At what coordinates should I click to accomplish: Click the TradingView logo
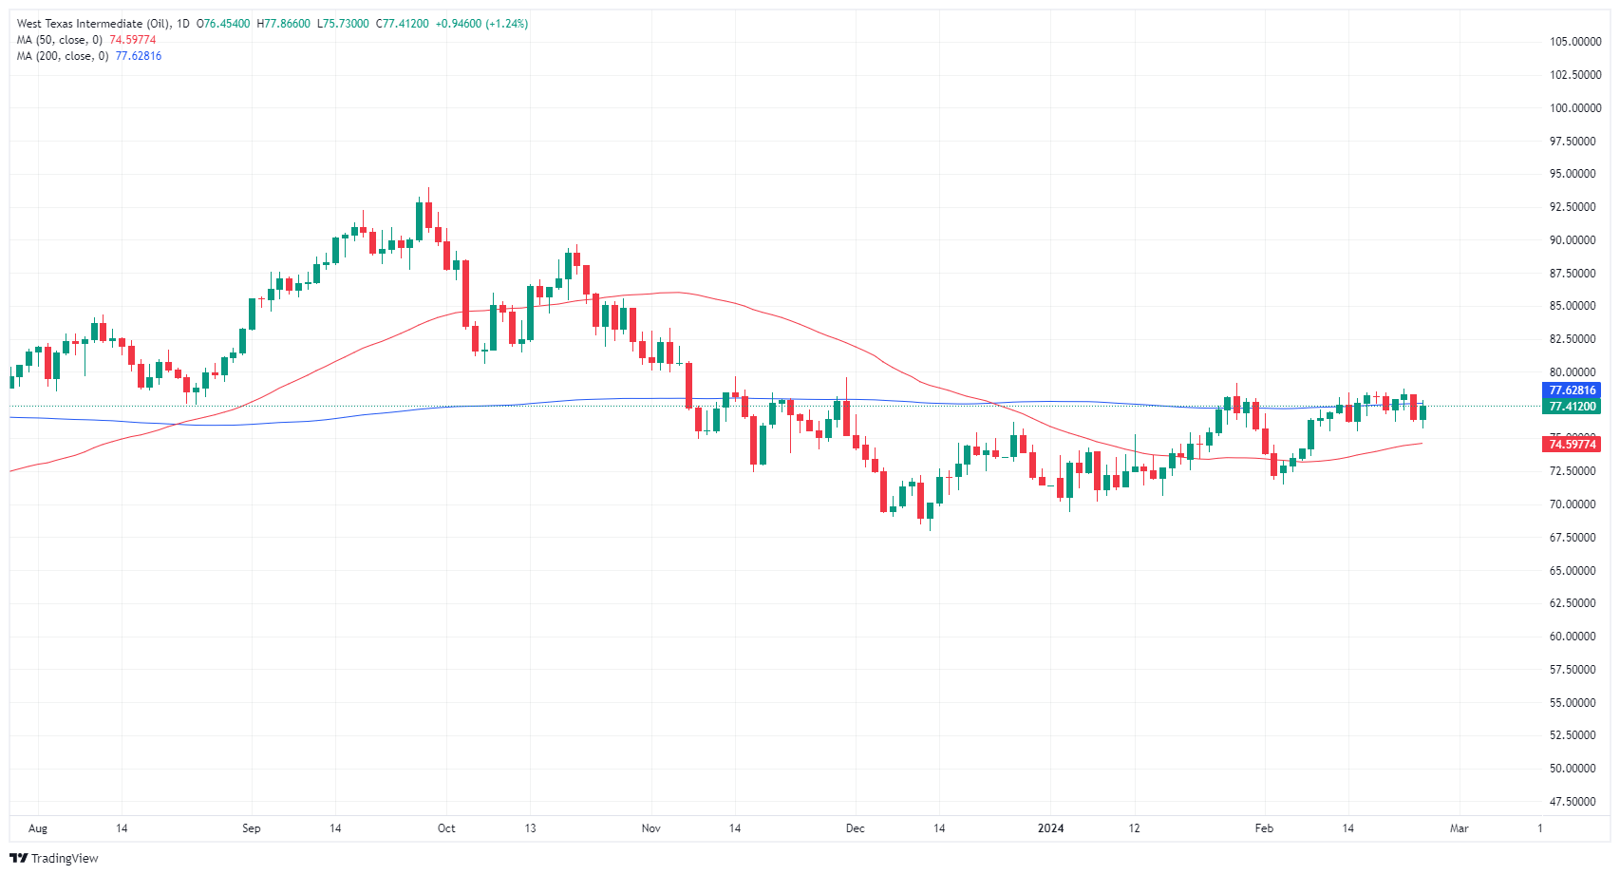pos(54,858)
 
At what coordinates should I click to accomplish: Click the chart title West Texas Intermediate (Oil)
pos(93,24)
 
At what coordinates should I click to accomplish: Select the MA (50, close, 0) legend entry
pos(60,40)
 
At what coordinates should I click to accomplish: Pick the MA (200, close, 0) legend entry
pos(63,56)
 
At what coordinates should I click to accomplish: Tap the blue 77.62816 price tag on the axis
pos(1573,390)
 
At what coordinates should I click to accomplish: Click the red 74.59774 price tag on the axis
pos(1573,444)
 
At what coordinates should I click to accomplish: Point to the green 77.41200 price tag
pos(1573,407)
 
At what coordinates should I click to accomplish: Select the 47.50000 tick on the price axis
pos(1573,801)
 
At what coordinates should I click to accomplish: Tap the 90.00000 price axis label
pos(1573,240)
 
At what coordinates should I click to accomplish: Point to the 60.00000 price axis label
pos(1573,637)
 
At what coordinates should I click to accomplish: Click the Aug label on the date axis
pos(38,828)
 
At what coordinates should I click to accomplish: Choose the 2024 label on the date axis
pos(1050,828)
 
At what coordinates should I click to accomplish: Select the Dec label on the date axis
pos(856,828)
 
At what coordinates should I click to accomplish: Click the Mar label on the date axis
pos(1460,828)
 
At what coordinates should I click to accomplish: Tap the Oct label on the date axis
pos(446,828)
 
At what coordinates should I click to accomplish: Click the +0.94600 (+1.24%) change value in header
pos(481,24)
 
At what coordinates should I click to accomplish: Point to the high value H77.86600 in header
pos(283,24)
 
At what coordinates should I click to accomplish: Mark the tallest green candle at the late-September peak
pos(419,220)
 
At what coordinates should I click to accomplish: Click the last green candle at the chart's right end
pos(1422,412)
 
